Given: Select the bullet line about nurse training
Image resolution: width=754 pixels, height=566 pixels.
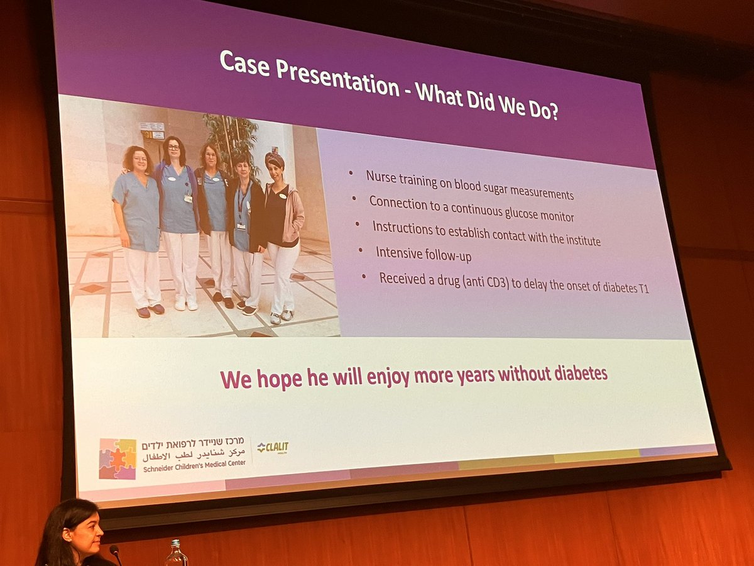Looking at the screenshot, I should (469, 186).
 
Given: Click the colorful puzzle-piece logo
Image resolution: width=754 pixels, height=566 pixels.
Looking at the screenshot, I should (117, 459).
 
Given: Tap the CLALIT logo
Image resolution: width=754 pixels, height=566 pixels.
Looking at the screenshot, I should (273, 448).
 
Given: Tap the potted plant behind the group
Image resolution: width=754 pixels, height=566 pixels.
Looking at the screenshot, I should (232, 138).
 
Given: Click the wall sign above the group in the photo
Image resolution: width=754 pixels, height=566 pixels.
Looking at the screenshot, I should (152, 130).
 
